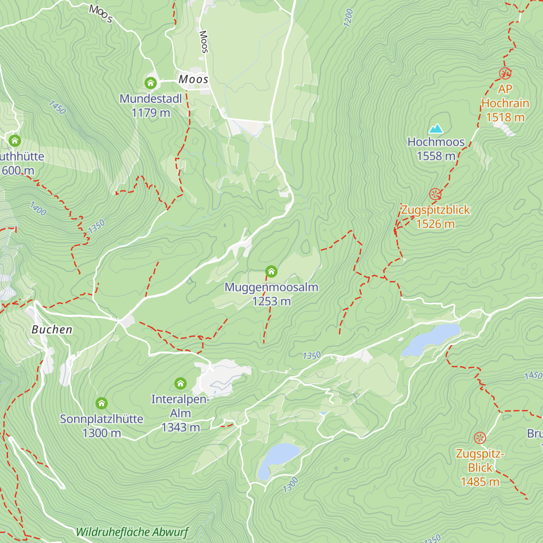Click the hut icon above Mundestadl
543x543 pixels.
(x=151, y=83)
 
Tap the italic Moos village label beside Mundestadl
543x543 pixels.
(x=193, y=80)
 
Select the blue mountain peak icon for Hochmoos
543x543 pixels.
(x=436, y=129)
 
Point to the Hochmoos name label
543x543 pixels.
(x=436, y=142)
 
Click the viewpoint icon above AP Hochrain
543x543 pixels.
(x=505, y=73)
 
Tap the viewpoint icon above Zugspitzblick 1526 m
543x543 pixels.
(x=435, y=195)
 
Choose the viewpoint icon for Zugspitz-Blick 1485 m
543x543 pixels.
(x=480, y=438)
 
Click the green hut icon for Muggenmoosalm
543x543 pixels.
(x=271, y=271)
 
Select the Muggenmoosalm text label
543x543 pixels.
(x=271, y=287)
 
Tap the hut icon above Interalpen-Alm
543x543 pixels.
(x=180, y=384)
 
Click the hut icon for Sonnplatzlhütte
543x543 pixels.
(x=101, y=403)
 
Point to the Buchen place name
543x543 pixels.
(x=52, y=330)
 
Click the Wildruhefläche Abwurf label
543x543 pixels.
(x=132, y=532)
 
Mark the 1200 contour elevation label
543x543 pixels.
(x=348, y=18)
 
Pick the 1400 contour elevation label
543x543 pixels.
(x=38, y=209)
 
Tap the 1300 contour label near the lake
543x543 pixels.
(x=291, y=485)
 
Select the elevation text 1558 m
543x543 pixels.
(x=436, y=156)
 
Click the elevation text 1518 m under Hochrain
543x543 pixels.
(x=505, y=118)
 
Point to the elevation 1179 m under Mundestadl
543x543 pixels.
(x=151, y=113)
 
